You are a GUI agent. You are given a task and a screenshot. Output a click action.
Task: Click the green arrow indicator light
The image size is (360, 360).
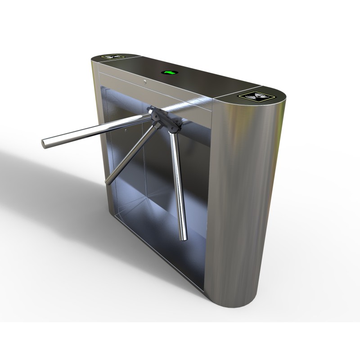coord(170,72)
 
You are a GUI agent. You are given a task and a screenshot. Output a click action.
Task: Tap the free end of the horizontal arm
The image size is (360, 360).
coord(45,143)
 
